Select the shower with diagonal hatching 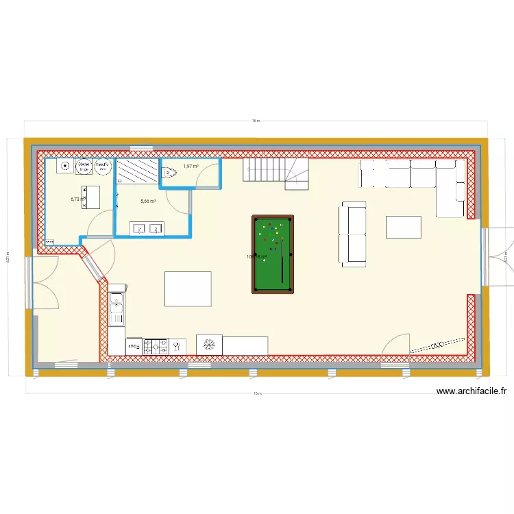click(x=137, y=171)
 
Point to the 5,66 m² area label click(x=148, y=201)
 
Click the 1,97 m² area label click(x=191, y=166)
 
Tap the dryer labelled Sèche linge click(x=84, y=167)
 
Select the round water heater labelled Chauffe click(x=103, y=167)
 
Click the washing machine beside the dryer click(x=64, y=165)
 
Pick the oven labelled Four click(x=134, y=347)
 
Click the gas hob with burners click(x=156, y=347)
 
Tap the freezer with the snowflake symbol click(x=209, y=345)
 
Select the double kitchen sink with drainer click(x=117, y=308)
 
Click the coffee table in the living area click(x=404, y=227)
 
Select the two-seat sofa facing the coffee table click(x=352, y=234)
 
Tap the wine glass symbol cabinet click(x=177, y=347)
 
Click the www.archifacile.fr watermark click(x=471, y=391)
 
